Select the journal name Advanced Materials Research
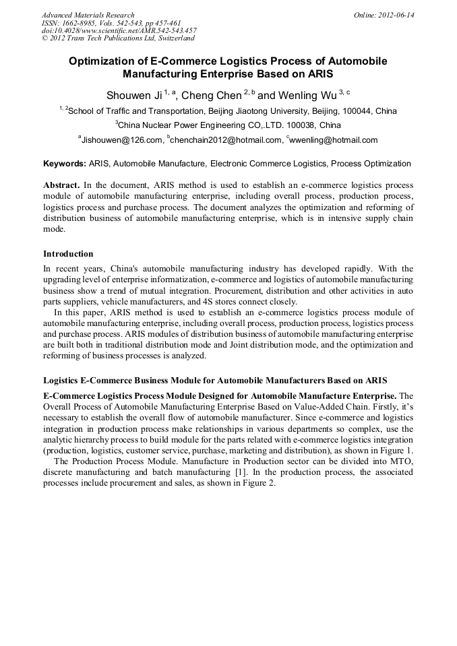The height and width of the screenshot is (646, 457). tap(88, 15)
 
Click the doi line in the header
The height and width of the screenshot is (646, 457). tap(119, 30)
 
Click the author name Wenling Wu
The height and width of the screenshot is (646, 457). tap(307, 96)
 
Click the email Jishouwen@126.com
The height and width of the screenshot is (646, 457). tap(122, 140)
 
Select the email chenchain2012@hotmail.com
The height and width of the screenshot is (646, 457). tap(226, 140)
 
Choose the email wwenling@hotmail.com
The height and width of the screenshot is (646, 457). tap(333, 140)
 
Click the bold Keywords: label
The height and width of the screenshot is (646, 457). tap(65, 164)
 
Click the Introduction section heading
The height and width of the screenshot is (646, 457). tap(68, 254)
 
